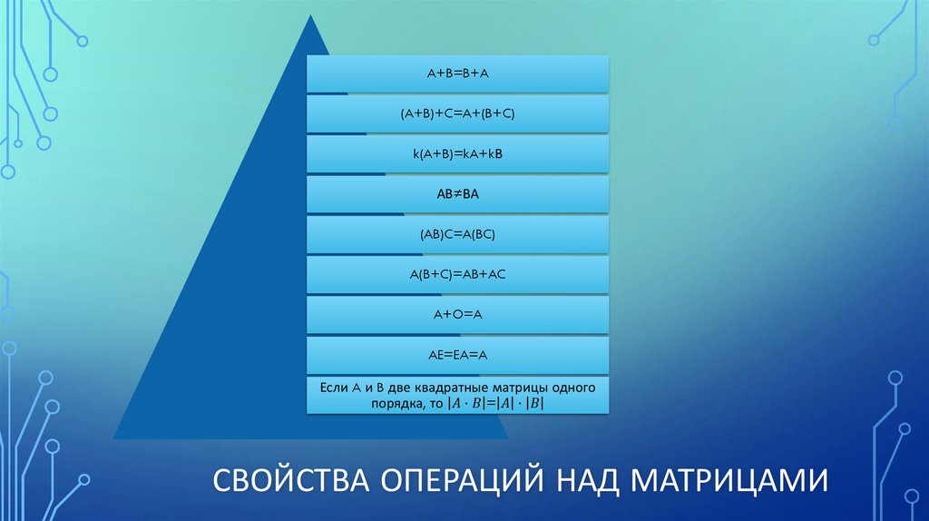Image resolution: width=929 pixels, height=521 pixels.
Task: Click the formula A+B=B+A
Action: [x=457, y=73]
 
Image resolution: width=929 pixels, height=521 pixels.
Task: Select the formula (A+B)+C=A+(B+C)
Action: [x=457, y=113]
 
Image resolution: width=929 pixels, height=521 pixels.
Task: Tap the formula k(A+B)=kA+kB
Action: [x=457, y=154]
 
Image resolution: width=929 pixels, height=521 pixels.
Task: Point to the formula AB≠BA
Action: [x=457, y=193]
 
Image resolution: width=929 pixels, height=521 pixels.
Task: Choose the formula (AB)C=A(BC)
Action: [x=457, y=234]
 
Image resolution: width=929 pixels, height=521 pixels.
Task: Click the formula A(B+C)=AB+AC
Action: [x=457, y=274]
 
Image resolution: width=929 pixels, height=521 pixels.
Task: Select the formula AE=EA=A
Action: [x=457, y=354]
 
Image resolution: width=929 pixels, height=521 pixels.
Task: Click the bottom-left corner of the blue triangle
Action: [x=114, y=438]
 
